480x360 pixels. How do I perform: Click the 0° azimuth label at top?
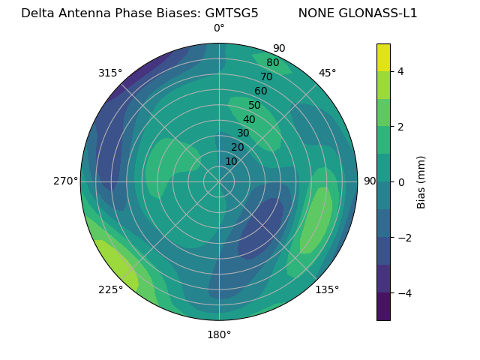click(219, 28)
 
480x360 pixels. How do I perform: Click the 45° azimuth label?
click(327, 73)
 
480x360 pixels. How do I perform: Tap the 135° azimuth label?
click(327, 289)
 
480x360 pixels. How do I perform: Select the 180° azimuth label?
click(219, 334)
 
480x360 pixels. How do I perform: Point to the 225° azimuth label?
click(110, 290)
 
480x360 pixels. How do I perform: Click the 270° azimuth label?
click(65, 181)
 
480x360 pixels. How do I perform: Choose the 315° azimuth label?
click(110, 73)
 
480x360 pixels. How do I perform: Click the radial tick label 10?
click(231, 161)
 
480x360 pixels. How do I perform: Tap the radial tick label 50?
click(255, 105)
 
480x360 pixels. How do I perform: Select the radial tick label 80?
click(273, 62)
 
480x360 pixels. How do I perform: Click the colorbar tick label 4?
click(401, 71)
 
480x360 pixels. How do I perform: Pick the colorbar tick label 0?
click(401, 182)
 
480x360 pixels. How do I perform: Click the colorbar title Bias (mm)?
click(421, 181)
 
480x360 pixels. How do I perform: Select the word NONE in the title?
click(314, 13)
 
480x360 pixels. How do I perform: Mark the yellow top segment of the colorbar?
click(383, 57)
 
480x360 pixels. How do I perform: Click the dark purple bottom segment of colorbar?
click(383, 307)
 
